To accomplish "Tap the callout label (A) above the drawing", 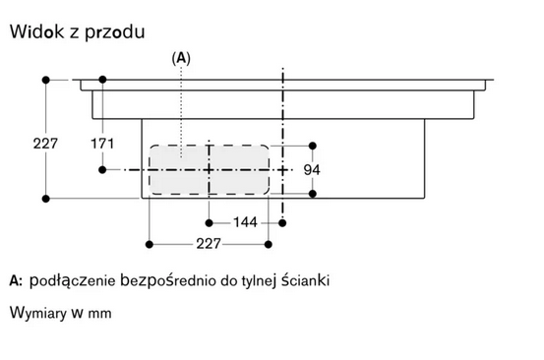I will [181, 59].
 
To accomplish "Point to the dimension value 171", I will [103, 144].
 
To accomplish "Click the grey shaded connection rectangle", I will [210, 169].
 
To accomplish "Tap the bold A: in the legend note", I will [16, 281].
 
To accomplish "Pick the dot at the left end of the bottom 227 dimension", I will [149, 242].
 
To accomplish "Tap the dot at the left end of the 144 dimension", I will [210, 223].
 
